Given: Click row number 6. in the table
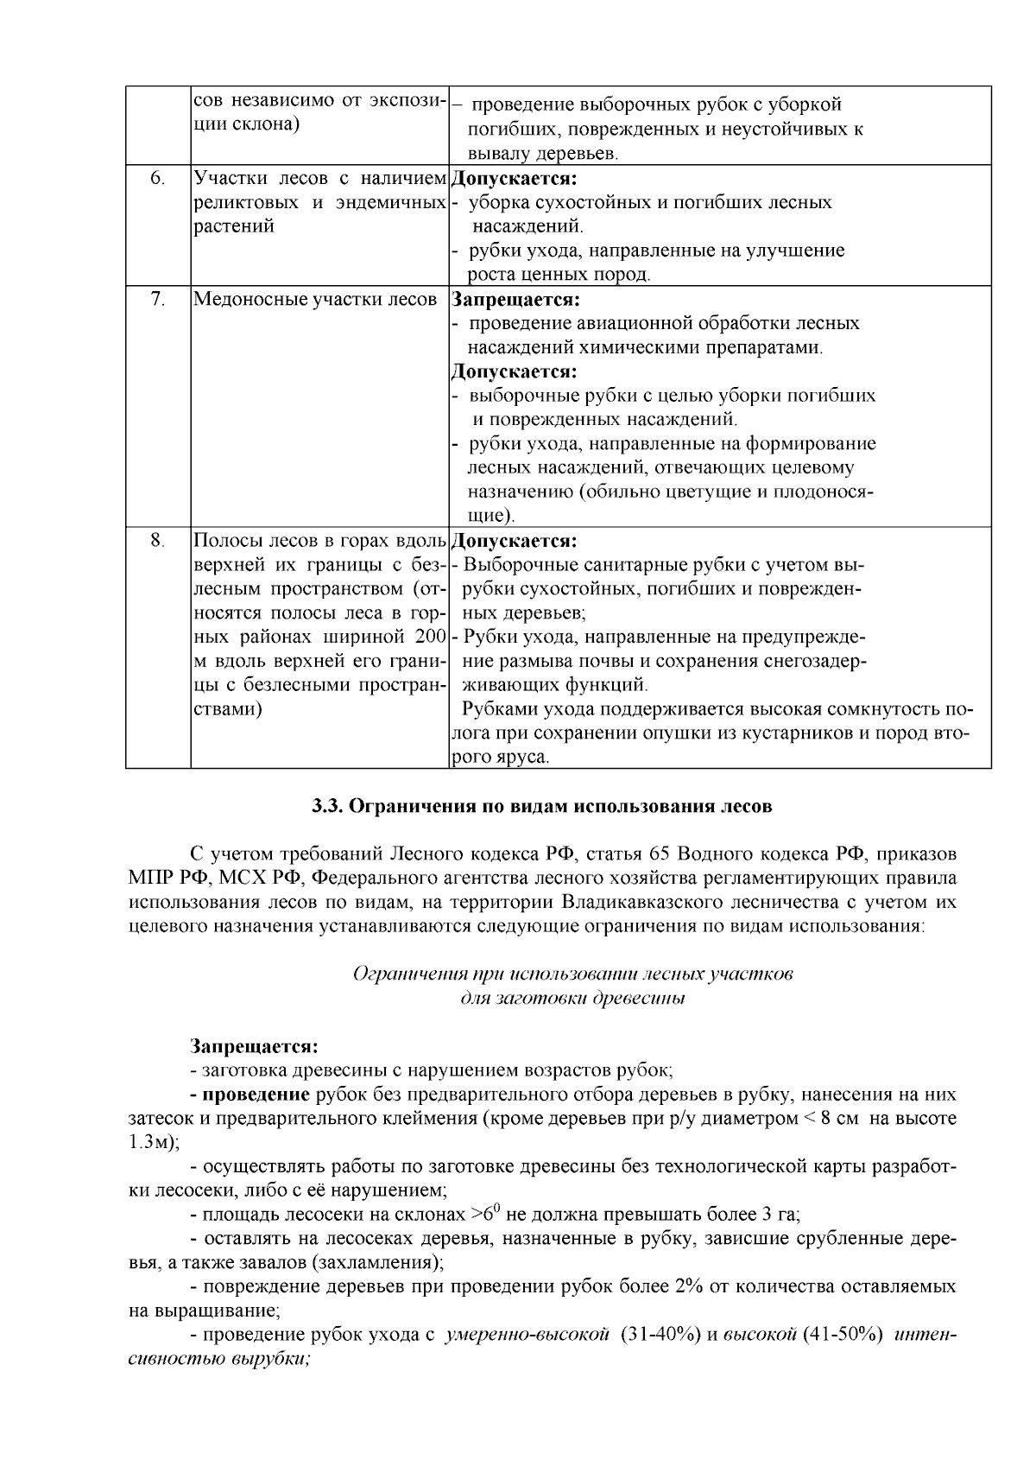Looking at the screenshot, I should [x=157, y=179].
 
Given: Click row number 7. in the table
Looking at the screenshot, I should [x=157, y=300].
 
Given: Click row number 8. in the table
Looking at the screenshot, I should [x=157, y=541].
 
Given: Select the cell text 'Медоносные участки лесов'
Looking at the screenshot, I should [x=315, y=300].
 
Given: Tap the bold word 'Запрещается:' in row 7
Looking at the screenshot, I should [x=515, y=300].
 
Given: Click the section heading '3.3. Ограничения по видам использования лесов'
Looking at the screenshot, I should [x=541, y=807].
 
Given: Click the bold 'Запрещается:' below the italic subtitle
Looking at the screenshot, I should [x=255, y=1047].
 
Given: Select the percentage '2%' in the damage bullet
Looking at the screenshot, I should [x=692, y=1286].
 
